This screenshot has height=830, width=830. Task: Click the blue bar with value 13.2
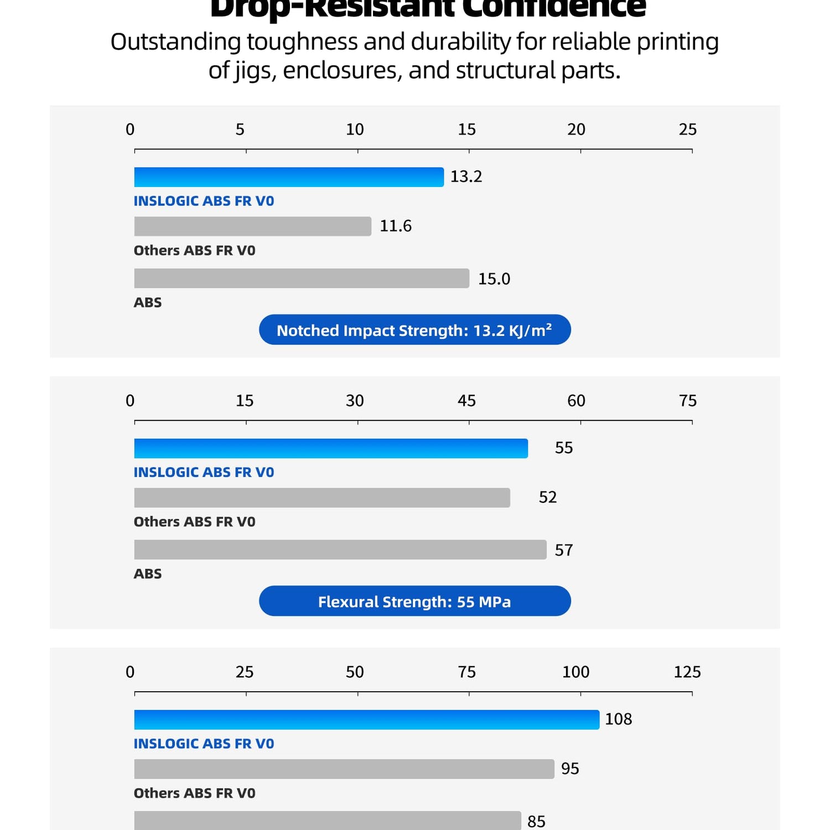[x=289, y=177]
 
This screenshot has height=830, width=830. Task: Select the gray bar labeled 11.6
[x=252, y=226]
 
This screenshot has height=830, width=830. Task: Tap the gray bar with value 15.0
[x=302, y=278]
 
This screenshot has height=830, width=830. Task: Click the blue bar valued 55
[x=331, y=448]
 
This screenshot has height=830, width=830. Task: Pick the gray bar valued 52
[x=322, y=497]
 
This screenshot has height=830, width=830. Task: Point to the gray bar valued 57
[x=340, y=549]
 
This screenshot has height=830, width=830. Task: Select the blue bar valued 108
[x=366, y=719]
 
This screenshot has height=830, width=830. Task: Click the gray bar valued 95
[x=344, y=769]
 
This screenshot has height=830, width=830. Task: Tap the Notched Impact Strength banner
[x=414, y=330]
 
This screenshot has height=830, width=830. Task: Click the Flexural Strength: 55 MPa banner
[x=414, y=601]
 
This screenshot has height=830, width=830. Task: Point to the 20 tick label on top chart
[x=576, y=129]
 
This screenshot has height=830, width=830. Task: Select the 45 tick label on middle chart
[x=466, y=401]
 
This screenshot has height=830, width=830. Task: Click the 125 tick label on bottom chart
[x=687, y=672]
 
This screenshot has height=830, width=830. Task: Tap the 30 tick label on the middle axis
[x=355, y=401]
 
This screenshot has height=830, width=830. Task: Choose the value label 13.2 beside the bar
[x=466, y=177]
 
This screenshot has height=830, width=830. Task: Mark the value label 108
[x=618, y=719]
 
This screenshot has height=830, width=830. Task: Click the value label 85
[x=536, y=821]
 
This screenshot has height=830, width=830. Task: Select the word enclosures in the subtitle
[x=343, y=71]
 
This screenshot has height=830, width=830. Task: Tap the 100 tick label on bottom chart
[x=575, y=672]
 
